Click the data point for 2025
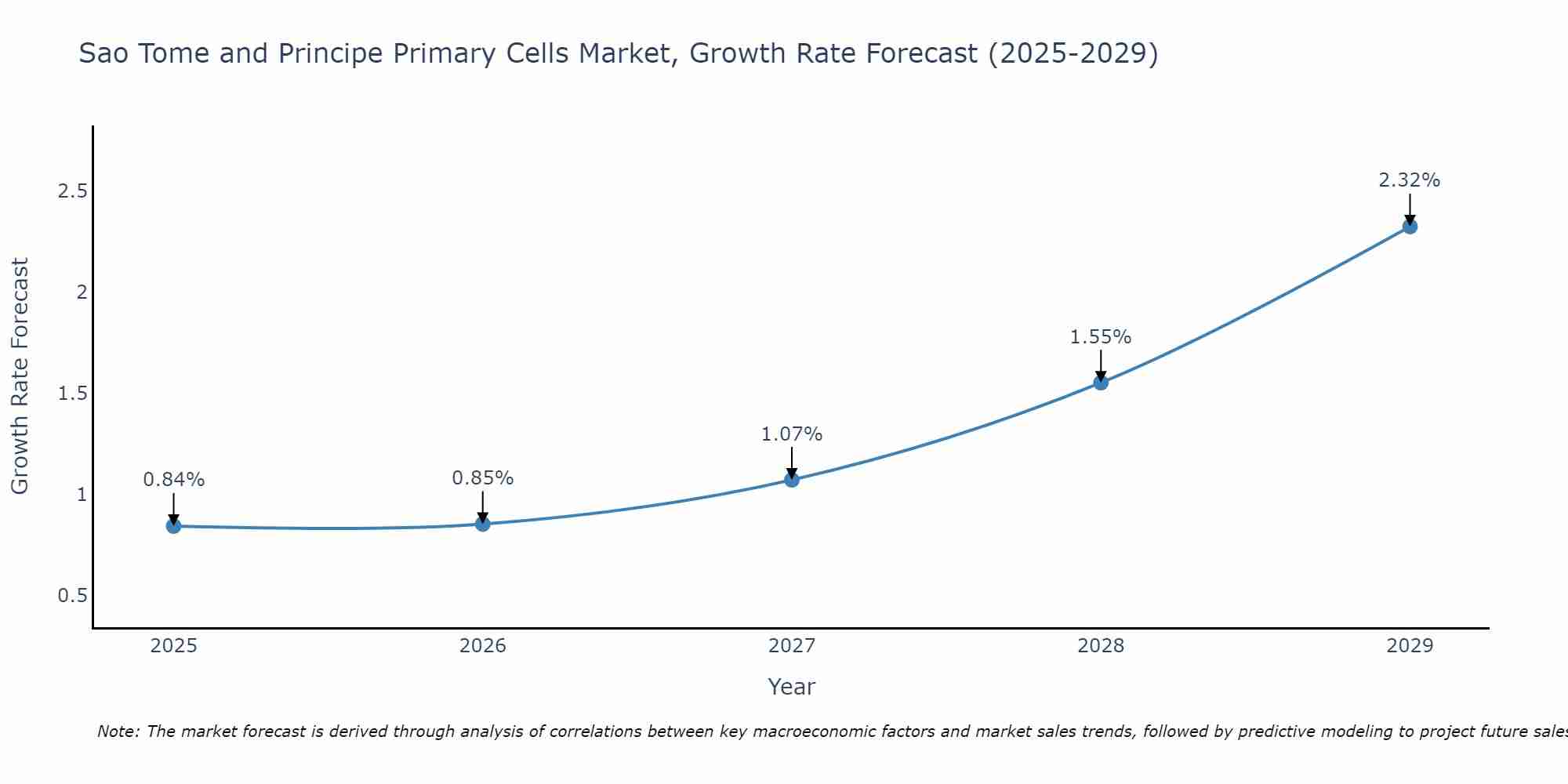[x=173, y=526]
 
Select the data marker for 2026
[x=483, y=524]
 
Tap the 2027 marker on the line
[x=792, y=480]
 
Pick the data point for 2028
[x=1101, y=383]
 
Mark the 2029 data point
[x=1410, y=227]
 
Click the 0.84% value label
[x=173, y=480]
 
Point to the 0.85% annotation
[x=483, y=478]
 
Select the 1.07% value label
[x=792, y=434]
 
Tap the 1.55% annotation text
[x=1101, y=337]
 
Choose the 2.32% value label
[x=1410, y=180]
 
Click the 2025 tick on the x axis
[x=173, y=646]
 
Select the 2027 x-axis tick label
[x=792, y=646]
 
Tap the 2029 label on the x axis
[x=1410, y=646]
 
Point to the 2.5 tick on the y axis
[x=72, y=191]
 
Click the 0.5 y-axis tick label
[x=72, y=596]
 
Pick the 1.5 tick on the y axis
[x=72, y=394]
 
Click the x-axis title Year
[x=792, y=687]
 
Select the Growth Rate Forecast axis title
[x=20, y=376]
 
